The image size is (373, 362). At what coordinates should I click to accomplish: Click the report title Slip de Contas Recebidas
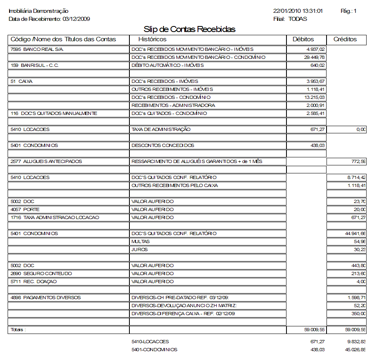190,30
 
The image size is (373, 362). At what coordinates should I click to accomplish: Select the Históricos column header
152,39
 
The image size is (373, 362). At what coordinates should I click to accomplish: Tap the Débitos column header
303,39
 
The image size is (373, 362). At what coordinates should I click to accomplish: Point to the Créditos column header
345,39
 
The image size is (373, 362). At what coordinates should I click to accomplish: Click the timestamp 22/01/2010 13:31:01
298,11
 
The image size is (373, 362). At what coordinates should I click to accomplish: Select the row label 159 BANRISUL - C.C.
34,65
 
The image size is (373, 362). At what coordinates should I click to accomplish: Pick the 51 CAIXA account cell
22,81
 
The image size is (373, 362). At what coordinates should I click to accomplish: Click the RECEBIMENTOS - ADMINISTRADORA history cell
173,105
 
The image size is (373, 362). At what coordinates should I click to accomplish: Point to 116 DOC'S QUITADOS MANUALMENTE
54,113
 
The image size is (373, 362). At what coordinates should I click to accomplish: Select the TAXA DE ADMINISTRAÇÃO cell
161,129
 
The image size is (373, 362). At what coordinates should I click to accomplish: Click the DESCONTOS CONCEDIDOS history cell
163,145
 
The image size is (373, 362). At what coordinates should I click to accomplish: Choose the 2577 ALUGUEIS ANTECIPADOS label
46,161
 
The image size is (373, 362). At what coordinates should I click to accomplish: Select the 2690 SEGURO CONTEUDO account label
42,274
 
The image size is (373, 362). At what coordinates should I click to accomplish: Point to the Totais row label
18,330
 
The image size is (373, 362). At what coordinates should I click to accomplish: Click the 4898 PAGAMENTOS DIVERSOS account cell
46,298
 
